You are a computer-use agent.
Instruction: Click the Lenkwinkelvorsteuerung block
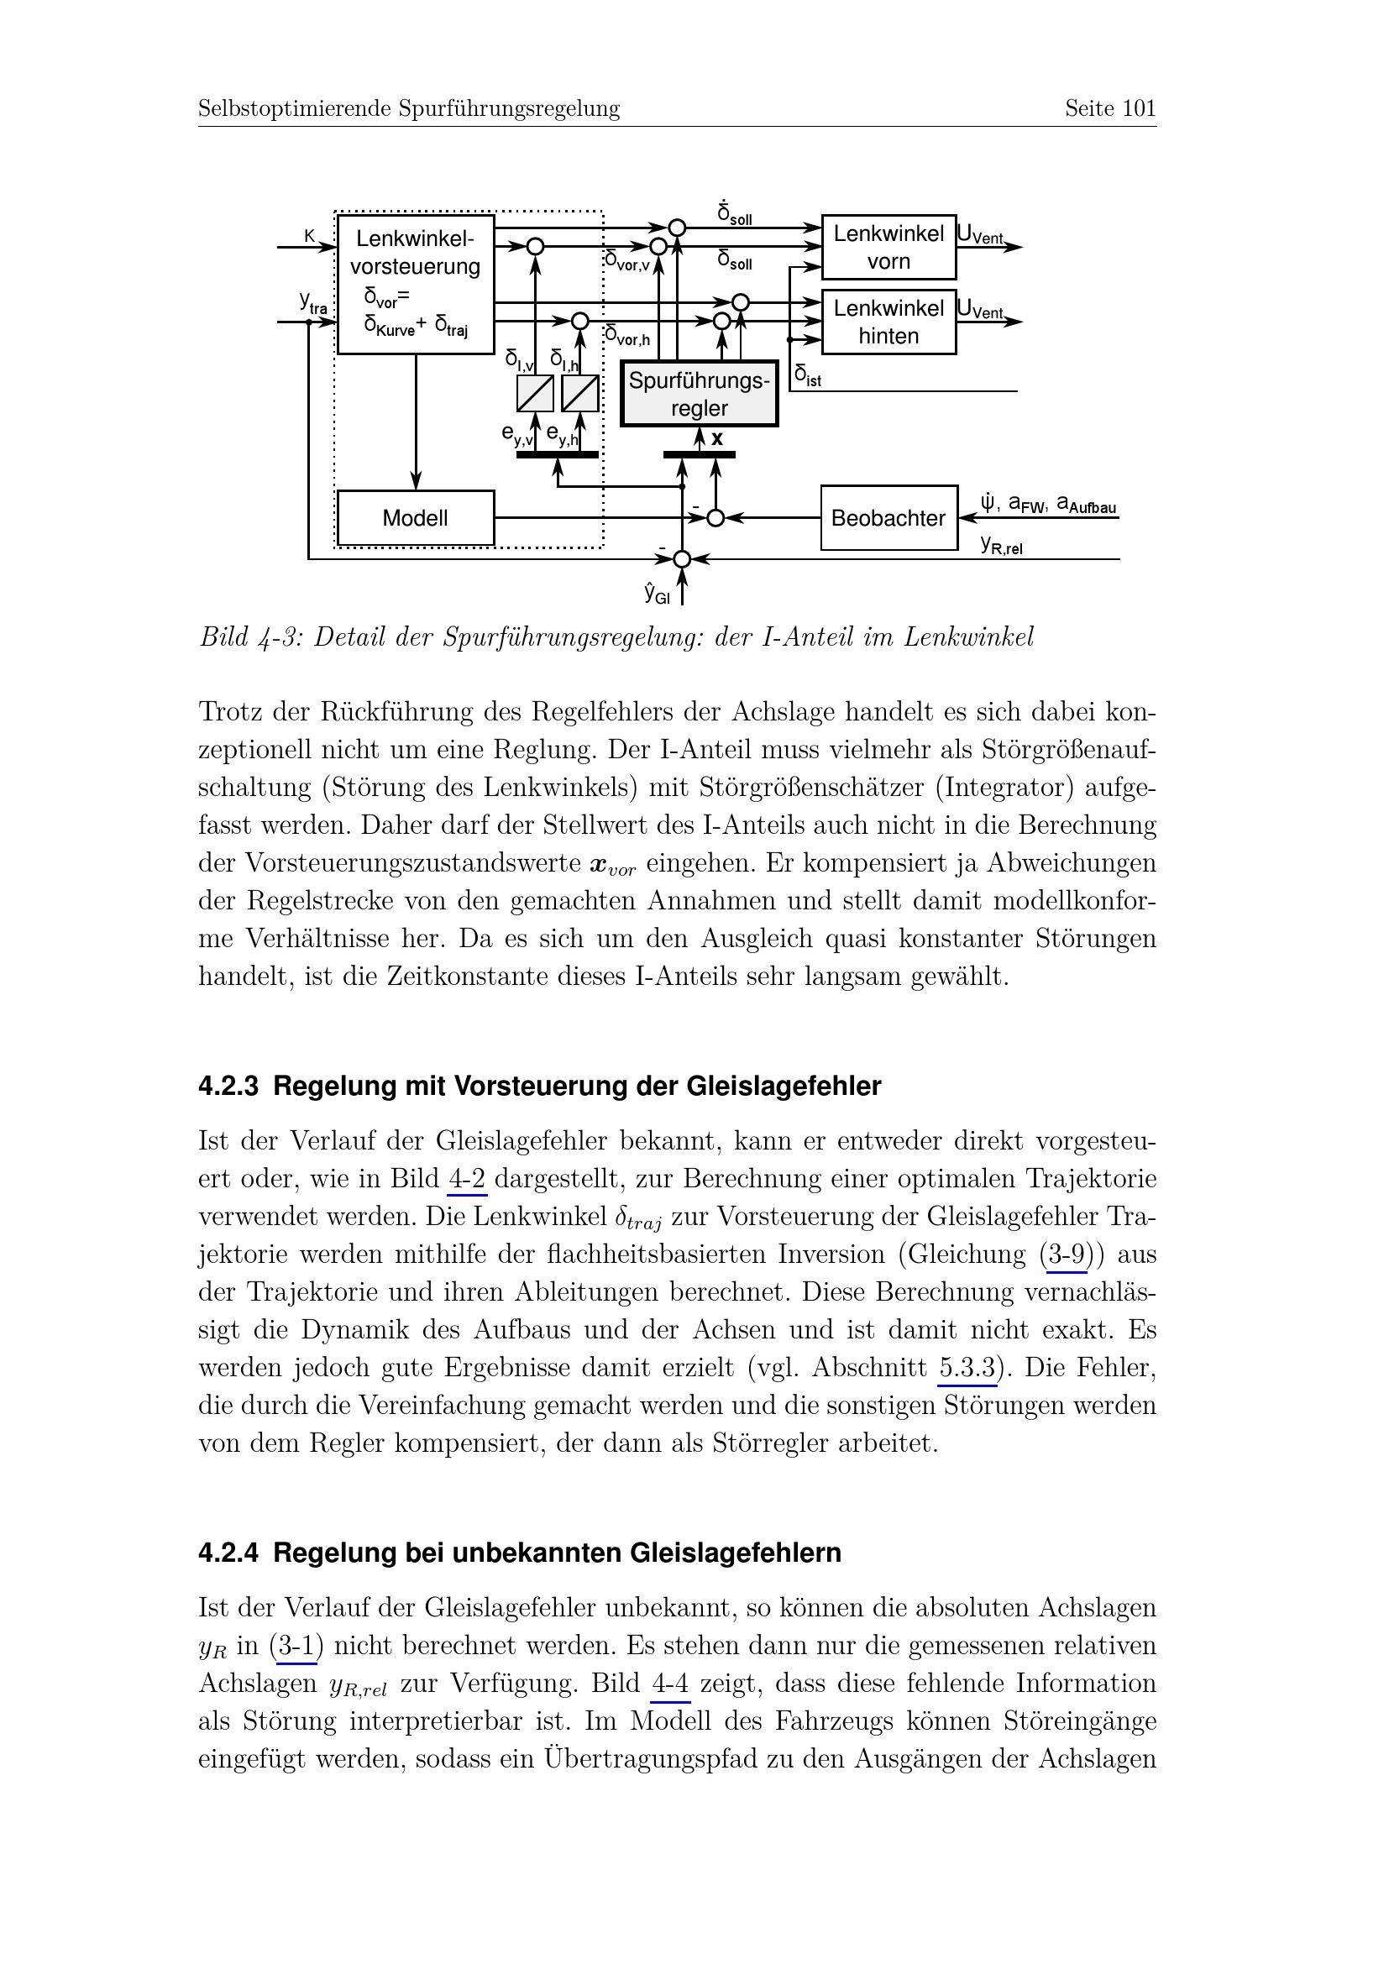(x=416, y=284)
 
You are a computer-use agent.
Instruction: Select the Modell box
(x=416, y=517)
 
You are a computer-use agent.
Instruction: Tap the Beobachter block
(x=888, y=517)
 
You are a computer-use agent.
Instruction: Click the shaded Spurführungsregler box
(x=699, y=395)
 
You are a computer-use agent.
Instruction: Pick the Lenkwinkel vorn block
(x=888, y=247)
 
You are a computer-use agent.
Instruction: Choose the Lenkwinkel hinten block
(x=888, y=322)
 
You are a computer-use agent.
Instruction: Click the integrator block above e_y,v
(x=536, y=395)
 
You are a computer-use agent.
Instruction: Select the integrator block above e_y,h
(x=580, y=395)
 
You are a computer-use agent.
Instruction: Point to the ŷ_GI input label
(x=657, y=592)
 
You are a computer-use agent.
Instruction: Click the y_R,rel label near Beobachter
(x=1002, y=544)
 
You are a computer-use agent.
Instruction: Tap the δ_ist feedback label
(x=807, y=374)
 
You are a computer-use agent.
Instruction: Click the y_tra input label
(x=313, y=302)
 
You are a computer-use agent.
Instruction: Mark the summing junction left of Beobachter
(x=715, y=517)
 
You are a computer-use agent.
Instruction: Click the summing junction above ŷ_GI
(x=682, y=559)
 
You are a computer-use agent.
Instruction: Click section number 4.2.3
(x=228, y=1087)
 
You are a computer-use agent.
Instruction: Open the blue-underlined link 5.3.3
(x=967, y=1368)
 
